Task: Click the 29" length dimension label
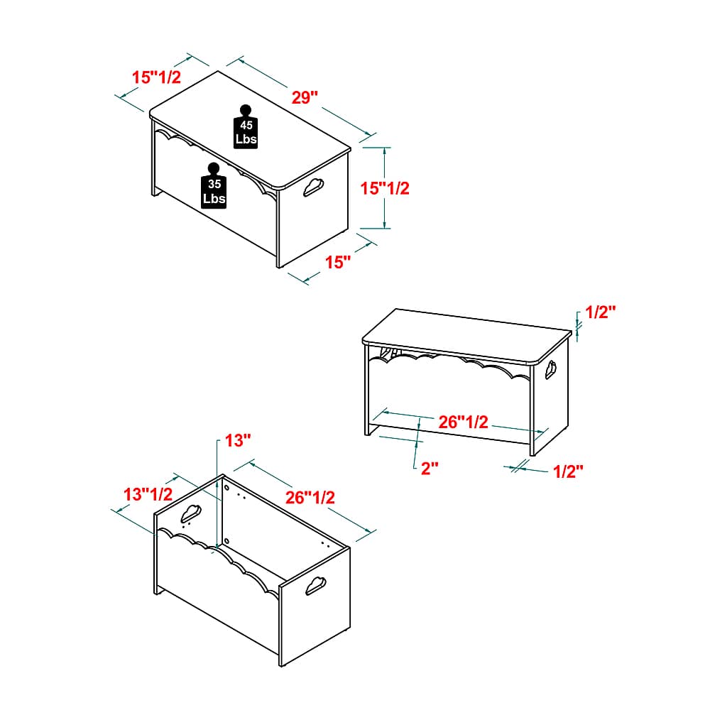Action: click(x=305, y=97)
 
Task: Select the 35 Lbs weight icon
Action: click(x=214, y=185)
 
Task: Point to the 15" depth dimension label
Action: click(x=338, y=262)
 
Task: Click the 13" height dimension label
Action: click(x=238, y=440)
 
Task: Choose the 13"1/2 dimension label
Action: click(x=148, y=494)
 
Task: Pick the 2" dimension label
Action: click(x=430, y=468)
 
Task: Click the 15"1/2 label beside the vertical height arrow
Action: click(x=385, y=188)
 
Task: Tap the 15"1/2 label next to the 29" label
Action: click(x=156, y=77)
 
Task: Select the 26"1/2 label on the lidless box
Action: click(x=310, y=497)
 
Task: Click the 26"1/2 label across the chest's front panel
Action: click(x=463, y=422)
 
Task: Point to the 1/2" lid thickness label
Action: click(x=601, y=312)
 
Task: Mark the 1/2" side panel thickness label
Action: click(x=568, y=471)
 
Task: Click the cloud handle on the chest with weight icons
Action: click(x=313, y=187)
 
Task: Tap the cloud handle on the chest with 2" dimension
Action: click(x=551, y=369)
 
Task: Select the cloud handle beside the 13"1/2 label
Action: click(x=191, y=513)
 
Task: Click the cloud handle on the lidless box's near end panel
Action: click(x=316, y=586)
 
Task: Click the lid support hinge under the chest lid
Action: click(x=389, y=353)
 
